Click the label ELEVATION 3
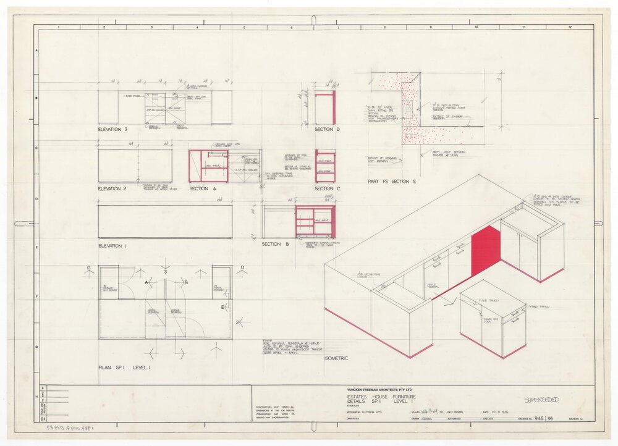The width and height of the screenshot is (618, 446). click(x=112, y=130)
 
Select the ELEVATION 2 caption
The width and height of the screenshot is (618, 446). click(x=112, y=188)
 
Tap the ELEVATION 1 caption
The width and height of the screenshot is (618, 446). click(x=112, y=246)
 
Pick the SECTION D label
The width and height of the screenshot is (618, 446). click(x=327, y=130)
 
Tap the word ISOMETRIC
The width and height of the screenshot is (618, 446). click(x=336, y=358)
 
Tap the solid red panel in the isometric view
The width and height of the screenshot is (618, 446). click(x=485, y=250)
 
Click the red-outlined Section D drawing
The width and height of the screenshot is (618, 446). click(x=324, y=108)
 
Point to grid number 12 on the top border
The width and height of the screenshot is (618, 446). click(x=570, y=27)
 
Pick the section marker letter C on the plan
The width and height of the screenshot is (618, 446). click(x=91, y=268)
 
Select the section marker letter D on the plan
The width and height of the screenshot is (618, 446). click(x=242, y=268)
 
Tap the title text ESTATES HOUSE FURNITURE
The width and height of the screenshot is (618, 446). click(x=380, y=397)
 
